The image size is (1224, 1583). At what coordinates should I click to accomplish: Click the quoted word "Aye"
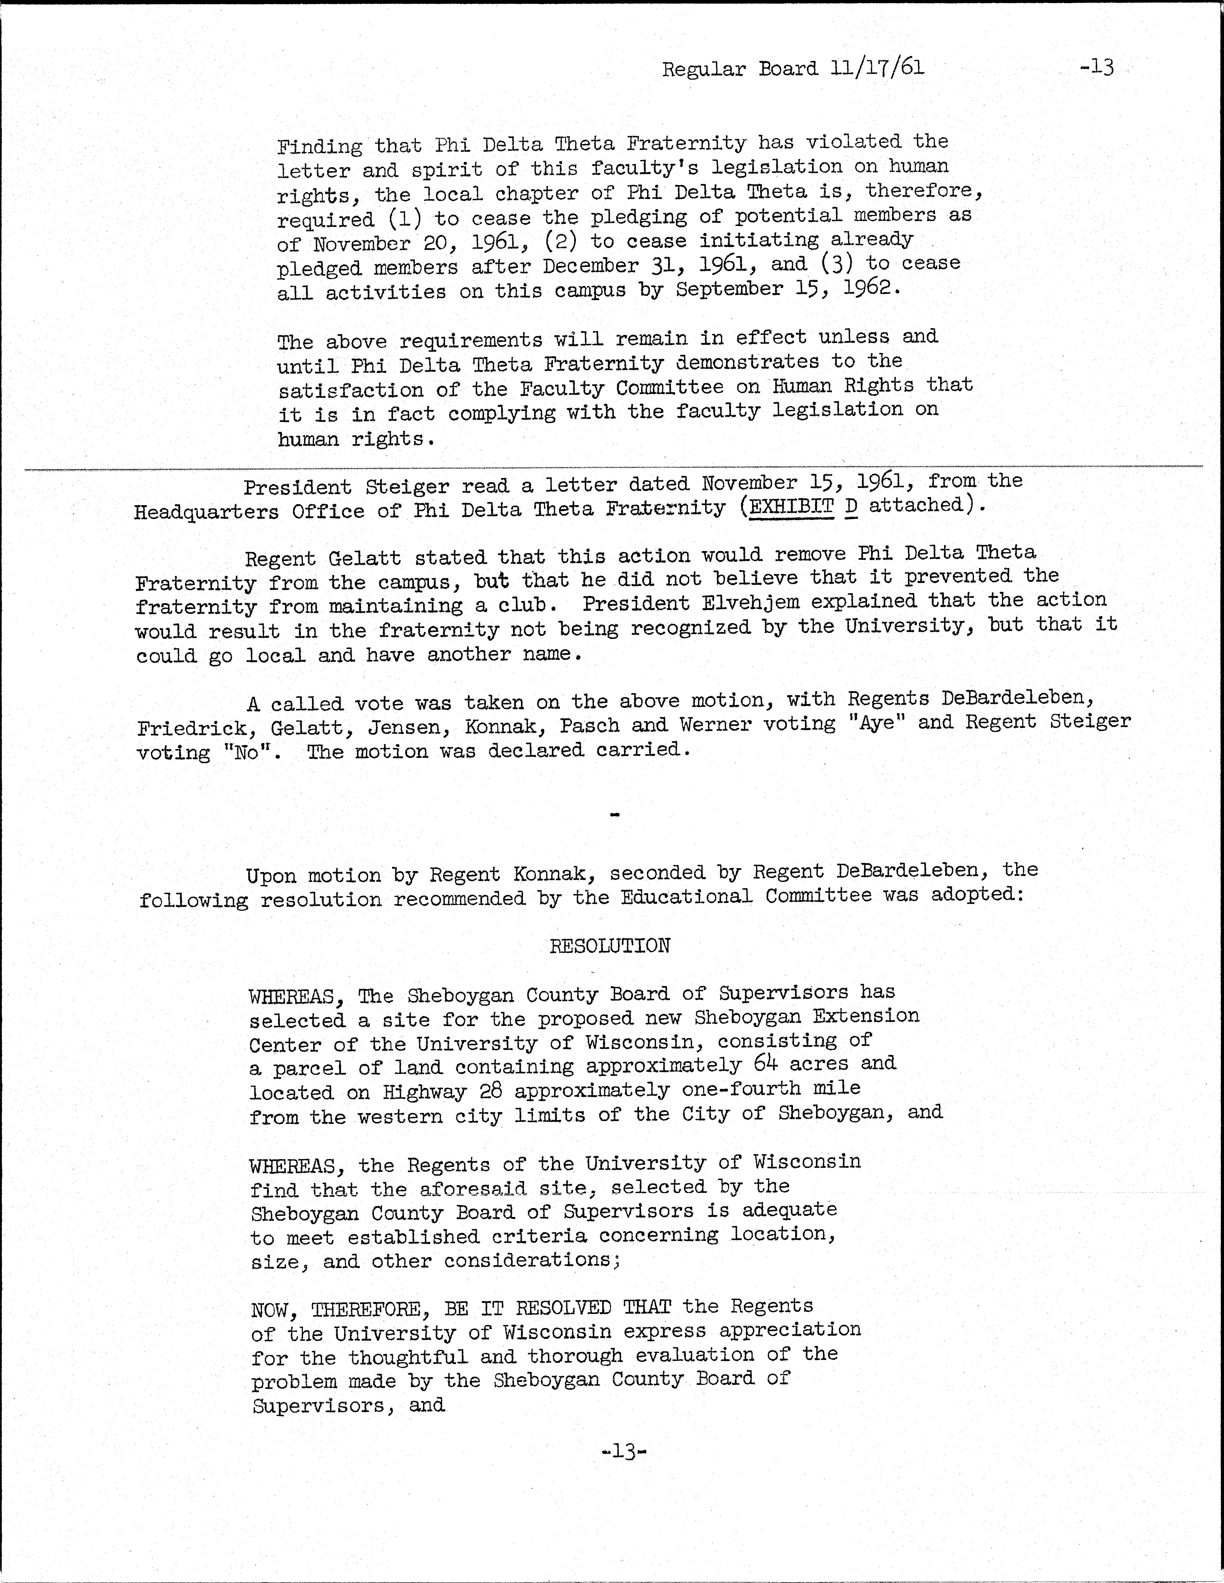point(877,723)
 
